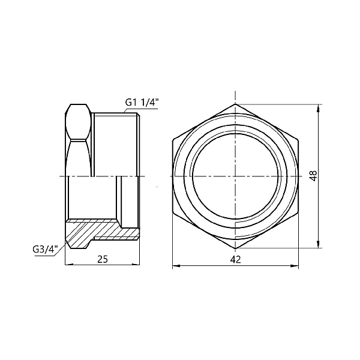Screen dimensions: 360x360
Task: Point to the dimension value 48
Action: [x=313, y=175]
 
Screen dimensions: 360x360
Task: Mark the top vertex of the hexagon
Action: [x=236, y=104]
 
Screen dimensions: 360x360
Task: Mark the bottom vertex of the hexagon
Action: [x=236, y=248]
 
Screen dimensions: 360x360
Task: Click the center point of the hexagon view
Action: [x=236, y=176]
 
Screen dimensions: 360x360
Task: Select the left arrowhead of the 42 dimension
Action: [x=175, y=265]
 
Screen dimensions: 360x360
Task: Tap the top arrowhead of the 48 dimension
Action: [x=318, y=107]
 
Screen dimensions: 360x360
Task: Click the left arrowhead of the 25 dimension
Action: [x=67, y=265]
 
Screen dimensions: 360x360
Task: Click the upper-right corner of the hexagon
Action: [x=298, y=140]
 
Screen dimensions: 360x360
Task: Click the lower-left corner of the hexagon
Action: [x=173, y=212]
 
